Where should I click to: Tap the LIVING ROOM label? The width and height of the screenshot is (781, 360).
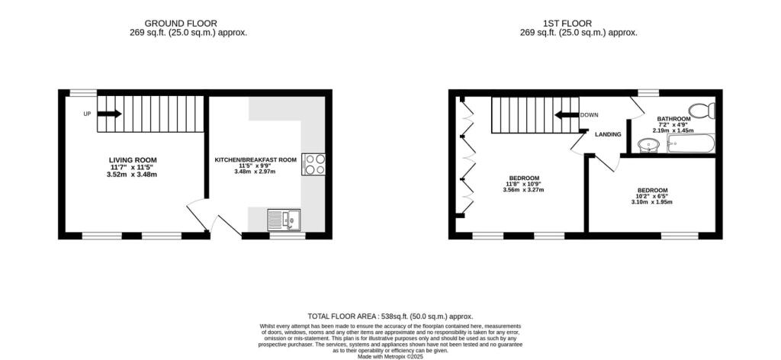pos(133,159)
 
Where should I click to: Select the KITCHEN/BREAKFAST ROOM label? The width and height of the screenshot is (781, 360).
pos(255,159)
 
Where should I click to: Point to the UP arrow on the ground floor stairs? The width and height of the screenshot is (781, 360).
pos(109,114)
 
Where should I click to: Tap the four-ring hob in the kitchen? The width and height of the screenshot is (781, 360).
pos(313,164)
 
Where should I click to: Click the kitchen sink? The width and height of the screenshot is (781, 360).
pos(285,220)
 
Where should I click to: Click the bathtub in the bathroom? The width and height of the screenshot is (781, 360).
pos(690,143)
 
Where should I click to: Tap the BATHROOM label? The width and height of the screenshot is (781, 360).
pos(673,119)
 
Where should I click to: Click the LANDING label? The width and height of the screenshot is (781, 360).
pos(609,135)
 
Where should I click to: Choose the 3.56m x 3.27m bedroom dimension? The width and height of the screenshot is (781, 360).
pos(524,190)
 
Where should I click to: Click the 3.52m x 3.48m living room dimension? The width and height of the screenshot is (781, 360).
pos(133,175)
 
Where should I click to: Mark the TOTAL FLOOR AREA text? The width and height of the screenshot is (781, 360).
pos(390,316)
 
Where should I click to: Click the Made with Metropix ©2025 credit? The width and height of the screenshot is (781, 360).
pos(390,355)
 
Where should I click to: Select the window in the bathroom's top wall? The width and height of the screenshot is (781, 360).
pos(648,93)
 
